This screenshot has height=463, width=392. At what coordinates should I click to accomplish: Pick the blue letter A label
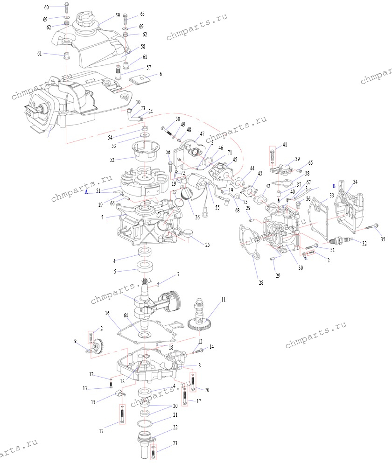(86, 191)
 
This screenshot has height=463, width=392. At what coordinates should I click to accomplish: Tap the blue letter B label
(333, 185)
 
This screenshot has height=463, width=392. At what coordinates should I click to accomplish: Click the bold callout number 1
(102, 217)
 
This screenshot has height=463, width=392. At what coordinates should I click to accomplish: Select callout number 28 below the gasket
(261, 282)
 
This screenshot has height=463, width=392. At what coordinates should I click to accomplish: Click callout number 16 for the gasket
(107, 312)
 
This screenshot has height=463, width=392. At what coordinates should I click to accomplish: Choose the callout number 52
(112, 160)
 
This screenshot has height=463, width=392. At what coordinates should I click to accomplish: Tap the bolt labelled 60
(66, 7)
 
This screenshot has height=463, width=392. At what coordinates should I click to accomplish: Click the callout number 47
(202, 133)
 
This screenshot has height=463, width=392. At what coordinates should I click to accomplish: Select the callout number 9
(76, 341)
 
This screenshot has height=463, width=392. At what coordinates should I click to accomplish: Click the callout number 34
(355, 182)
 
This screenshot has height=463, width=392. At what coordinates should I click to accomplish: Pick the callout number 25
(207, 245)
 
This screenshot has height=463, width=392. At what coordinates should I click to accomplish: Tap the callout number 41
(284, 145)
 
